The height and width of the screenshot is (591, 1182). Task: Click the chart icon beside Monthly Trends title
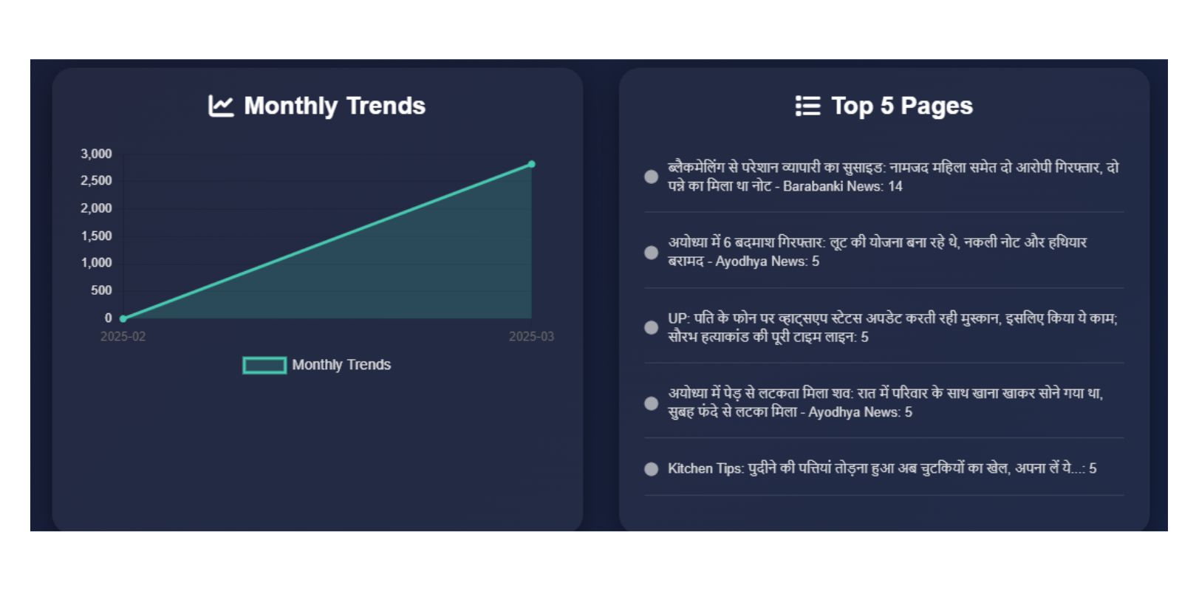point(221,106)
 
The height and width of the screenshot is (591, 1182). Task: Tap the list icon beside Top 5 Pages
point(807,106)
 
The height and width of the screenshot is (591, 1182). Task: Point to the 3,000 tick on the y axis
point(96,154)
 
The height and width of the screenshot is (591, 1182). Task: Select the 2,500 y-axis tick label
point(96,181)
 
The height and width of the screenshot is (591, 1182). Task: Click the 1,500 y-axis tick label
point(96,236)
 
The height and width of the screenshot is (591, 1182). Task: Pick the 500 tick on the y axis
point(100,290)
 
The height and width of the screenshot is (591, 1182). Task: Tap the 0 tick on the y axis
point(108,318)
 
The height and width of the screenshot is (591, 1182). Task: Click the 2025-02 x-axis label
point(123,337)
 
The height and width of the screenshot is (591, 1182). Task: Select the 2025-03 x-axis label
point(531,337)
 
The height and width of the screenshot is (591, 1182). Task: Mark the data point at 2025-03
point(531,165)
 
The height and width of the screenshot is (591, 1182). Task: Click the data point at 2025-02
point(123,318)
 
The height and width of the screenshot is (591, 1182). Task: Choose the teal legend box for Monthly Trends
point(264,365)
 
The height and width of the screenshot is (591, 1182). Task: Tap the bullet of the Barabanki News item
point(651,177)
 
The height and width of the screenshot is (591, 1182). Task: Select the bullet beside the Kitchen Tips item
point(651,469)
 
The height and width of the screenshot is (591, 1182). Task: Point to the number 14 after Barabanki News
point(895,187)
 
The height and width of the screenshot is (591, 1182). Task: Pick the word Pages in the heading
point(937,106)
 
